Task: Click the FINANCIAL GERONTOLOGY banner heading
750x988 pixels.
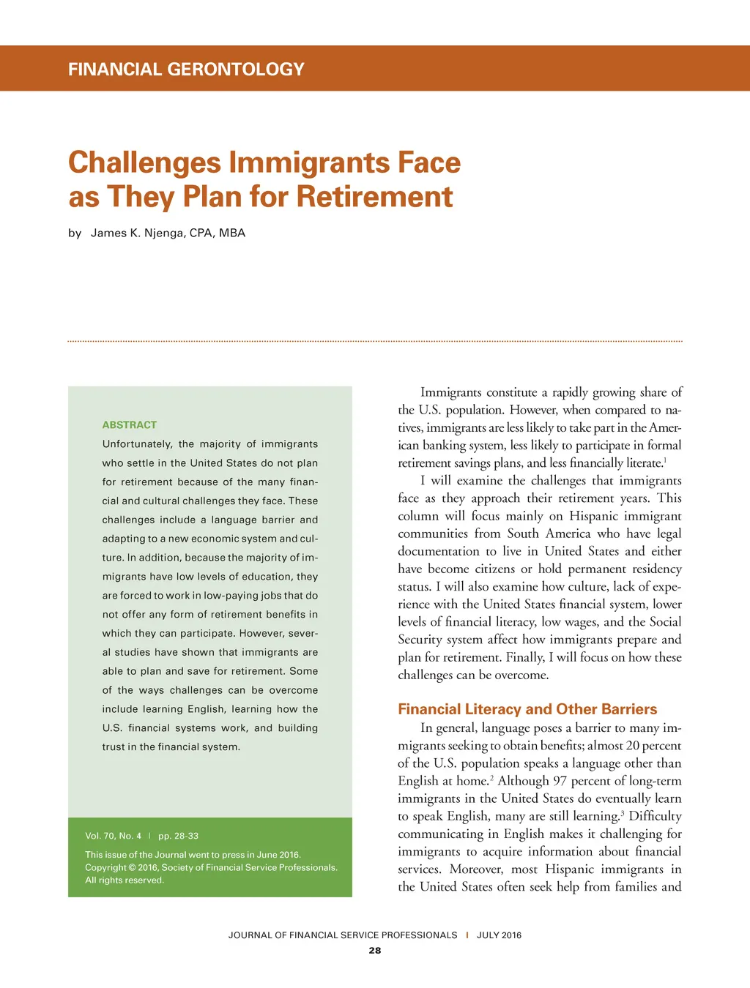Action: (186, 70)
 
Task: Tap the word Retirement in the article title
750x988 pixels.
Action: (374, 197)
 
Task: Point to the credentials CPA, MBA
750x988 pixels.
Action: (218, 233)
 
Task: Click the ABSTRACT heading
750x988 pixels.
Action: (130, 424)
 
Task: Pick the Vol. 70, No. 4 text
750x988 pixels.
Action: (113, 836)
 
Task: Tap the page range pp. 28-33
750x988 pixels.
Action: (178, 836)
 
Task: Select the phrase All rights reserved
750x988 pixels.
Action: (125, 880)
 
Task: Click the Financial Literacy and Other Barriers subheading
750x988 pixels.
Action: (527, 709)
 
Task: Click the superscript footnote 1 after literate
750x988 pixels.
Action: (664, 460)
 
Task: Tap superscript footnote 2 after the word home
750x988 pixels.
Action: (491, 777)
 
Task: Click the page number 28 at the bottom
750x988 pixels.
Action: (375, 951)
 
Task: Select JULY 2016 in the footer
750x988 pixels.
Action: (499, 935)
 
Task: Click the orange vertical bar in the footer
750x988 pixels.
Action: (467, 935)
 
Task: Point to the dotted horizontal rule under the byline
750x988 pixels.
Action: (375, 341)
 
